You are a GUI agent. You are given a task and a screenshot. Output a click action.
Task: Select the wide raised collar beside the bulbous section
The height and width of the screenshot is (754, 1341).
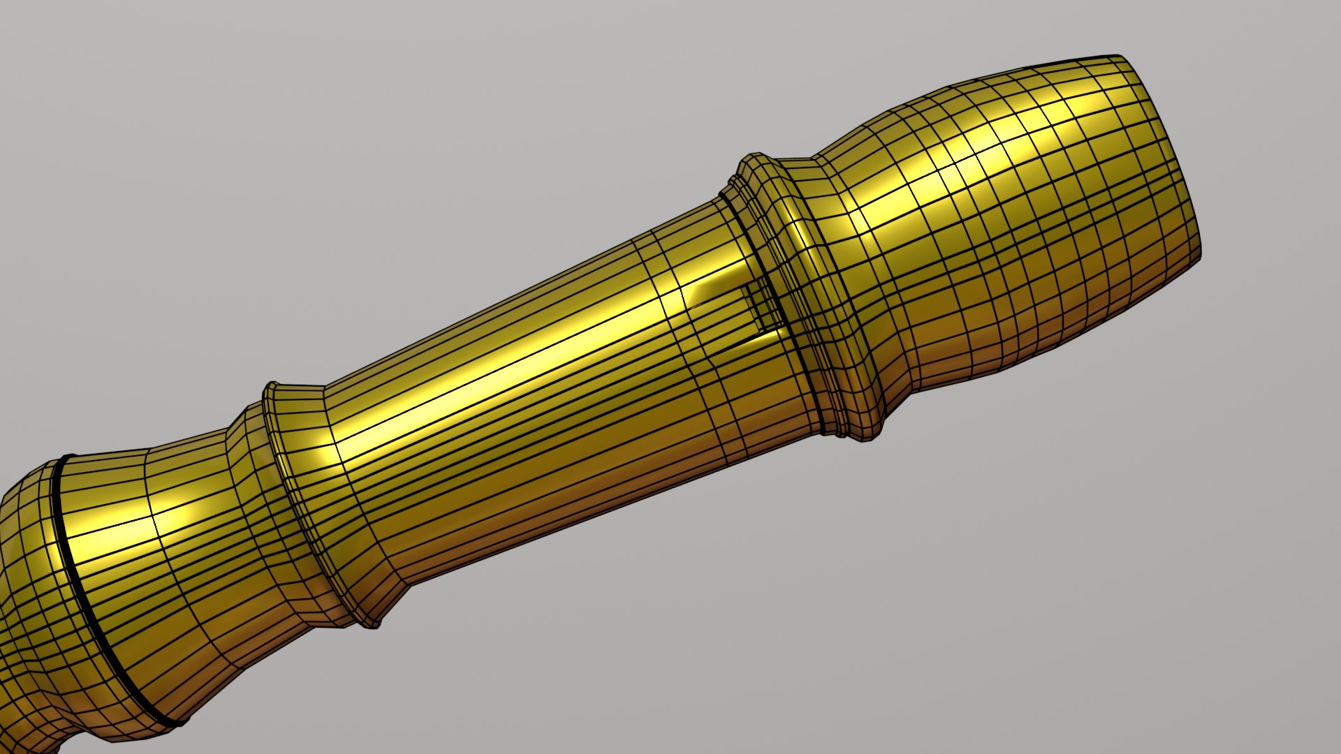click(x=803, y=293)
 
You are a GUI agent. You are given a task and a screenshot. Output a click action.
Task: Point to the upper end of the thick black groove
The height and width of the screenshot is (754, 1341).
click(x=66, y=457)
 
